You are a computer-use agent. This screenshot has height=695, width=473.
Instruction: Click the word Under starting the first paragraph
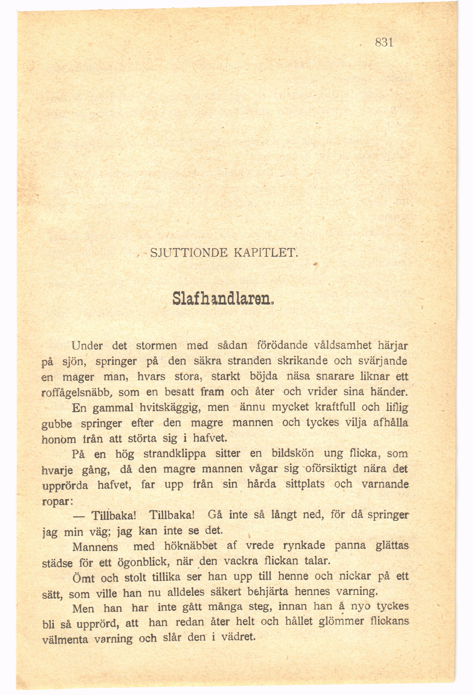[x=87, y=346]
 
